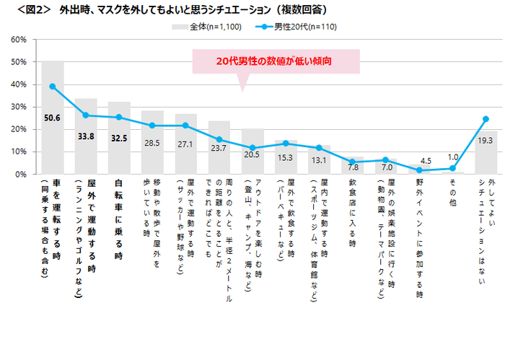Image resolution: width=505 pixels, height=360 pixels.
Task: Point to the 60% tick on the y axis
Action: click(x=19, y=40)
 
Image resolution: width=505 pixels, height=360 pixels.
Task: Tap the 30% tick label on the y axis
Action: click(x=19, y=107)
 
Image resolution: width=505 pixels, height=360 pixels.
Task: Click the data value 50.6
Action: click(x=52, y=118)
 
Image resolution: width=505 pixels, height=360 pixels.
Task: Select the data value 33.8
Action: click(x=86, y=135)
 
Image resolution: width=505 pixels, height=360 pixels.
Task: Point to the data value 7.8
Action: click(x=353, y=167)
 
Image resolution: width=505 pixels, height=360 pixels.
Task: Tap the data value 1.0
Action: click(x=453, y=157)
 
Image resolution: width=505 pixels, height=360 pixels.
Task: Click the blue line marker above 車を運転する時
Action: click(x=53, y=87)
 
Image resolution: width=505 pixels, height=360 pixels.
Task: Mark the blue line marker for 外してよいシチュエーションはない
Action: click(x=486, y=119)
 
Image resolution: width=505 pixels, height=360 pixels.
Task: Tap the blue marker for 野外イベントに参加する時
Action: click(x=419, y=170)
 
